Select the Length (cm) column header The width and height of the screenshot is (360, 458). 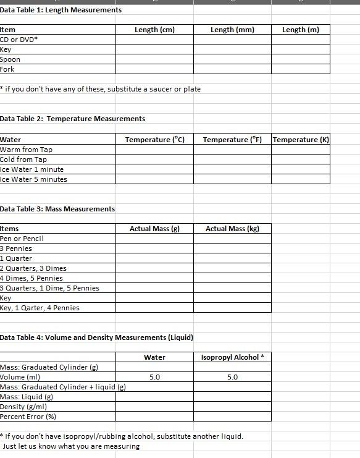pos(154,30)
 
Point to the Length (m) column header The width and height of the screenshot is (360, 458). pos(300,30)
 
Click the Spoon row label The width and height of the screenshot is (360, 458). pos(10,59)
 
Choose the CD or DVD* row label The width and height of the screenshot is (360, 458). pos(19,40)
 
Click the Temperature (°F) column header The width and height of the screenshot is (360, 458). pos(232,140)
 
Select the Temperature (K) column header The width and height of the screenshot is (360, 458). pos(301,140)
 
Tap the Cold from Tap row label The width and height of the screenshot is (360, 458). pos(23,159)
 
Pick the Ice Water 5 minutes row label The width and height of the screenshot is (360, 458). pos(34,179)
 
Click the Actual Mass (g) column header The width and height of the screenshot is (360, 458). pos(154,229)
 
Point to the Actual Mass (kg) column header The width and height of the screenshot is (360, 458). pos(232,229)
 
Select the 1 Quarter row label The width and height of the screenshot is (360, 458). pos(16,258)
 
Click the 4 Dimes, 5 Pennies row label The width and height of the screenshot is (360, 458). pos(31,278)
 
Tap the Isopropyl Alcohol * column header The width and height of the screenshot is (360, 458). pos(232,357)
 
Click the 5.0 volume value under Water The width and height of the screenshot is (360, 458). pos(155,377)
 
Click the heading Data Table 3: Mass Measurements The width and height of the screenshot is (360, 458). pos(57,209)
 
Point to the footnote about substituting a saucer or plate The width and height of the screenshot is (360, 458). pos(101,89)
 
